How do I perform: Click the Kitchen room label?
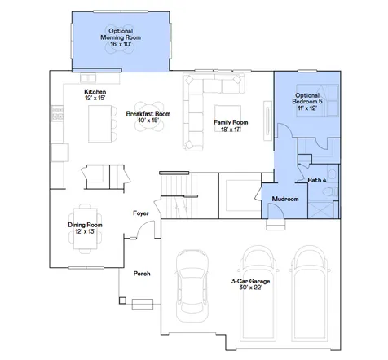point(95,92)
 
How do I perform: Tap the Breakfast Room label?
point(148,114)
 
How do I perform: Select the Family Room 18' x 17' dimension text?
point(231,130)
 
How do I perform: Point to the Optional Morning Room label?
point(121,34)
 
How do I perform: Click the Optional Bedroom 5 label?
point(307,99)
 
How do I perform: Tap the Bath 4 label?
point(317,180)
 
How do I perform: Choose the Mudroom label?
point(285,199)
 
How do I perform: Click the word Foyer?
point(141,213)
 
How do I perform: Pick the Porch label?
point(142,274)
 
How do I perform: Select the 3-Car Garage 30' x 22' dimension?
point(250,288)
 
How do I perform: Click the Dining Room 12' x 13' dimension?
point(85,231)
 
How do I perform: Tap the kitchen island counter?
point(99,124)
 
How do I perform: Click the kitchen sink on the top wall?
point(88,78)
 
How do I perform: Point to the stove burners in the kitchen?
point(58,113)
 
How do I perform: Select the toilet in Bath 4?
point(330,191)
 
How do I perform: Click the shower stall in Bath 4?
point(320,209)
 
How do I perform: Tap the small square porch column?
point(122,301)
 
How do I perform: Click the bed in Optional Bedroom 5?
point(317,101)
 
